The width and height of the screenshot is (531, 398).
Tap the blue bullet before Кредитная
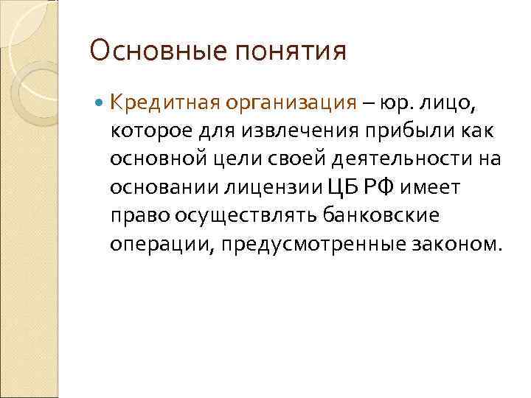(x=100, y=102)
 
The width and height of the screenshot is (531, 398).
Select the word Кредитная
(x=159, y=102)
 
